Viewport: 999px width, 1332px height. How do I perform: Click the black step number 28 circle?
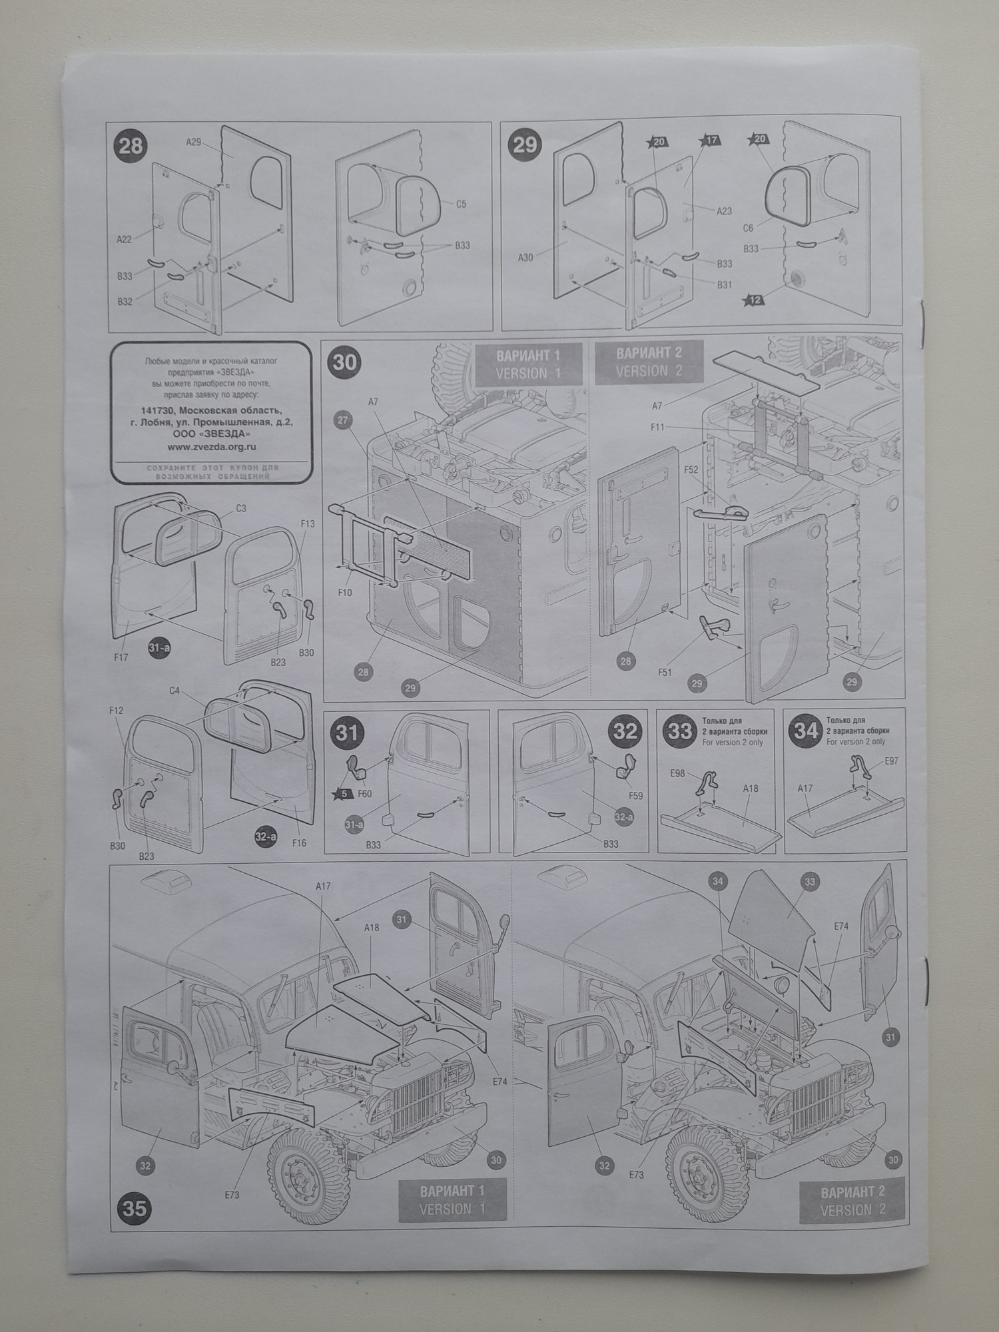click(131, 145)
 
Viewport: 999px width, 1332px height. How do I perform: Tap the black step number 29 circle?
click(525, 145)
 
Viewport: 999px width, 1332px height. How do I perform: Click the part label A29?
click(193, 142)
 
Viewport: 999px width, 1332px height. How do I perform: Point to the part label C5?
click(461, 204)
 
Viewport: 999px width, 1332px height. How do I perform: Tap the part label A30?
click(525, 257)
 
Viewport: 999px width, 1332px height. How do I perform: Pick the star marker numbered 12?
click(755, 300)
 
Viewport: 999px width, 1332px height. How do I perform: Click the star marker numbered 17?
click(711, 141)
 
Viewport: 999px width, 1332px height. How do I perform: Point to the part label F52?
click(691, 470)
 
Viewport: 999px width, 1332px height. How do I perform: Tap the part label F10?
click(344, 592)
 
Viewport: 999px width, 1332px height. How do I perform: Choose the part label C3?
click(241, 508)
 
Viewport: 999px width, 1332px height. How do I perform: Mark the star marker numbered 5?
click(344, 793)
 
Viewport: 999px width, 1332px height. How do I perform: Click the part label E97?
click(891, 761)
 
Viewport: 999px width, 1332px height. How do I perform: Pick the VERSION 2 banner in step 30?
click(649, 362)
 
